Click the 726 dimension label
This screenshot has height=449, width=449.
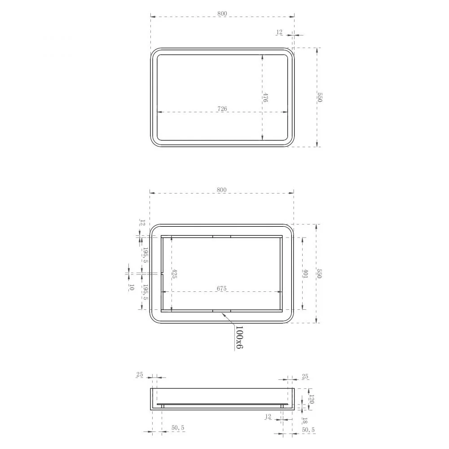tap(222, 109)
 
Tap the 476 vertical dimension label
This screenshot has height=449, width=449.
tap(265, 97)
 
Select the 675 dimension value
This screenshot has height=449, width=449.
tap(222, 288)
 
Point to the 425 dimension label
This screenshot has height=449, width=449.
tap(174, 274)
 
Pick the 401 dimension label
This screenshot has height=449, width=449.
tap(305, 274)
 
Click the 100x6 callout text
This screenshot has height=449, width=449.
tap(239, 337)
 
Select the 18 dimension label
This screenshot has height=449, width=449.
tap(305, 421)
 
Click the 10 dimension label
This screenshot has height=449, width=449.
tap(132, 287)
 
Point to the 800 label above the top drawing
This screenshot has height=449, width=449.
tap(222, 13)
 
